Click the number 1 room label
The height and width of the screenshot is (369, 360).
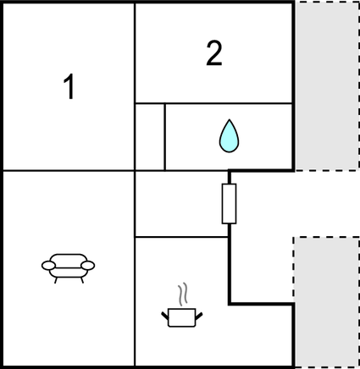click(69, 86)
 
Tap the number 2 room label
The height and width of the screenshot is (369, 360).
click(214, 53)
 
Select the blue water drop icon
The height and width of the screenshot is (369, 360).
click(230, 136)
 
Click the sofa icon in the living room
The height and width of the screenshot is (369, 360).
click(69, 268)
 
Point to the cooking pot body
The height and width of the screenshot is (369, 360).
click(182, 317)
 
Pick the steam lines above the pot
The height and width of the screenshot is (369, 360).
click(183, 295)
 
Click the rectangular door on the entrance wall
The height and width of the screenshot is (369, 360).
click(229, 204)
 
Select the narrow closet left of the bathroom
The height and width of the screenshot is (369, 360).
click(150, 137)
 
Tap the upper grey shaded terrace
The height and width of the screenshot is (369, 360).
click(327, 86)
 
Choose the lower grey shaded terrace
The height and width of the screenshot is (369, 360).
click(327, 302)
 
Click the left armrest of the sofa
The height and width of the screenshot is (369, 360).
click(48, 266)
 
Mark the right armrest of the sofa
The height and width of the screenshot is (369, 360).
click(88, 266)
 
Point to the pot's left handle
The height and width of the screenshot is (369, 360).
click(165, 316)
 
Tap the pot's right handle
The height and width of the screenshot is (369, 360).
click(199, 317)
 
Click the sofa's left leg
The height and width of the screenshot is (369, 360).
click(56, 280)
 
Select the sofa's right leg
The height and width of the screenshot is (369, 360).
click(82, 280)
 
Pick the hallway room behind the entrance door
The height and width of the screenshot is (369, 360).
click(181, 204)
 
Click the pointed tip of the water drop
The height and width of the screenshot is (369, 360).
click(230, 119)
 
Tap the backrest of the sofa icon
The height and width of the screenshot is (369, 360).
click(69, 260)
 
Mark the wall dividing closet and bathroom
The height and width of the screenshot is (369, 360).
click(165, 137)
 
